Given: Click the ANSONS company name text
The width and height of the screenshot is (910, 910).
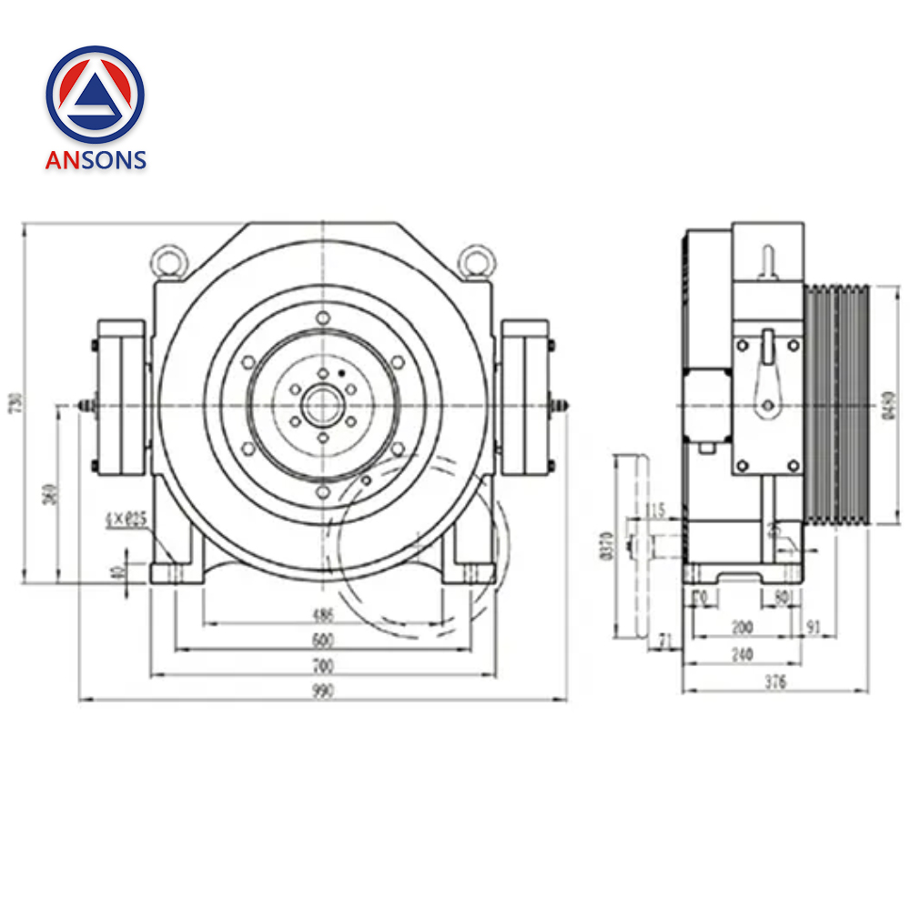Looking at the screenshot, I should (x=96, y=160).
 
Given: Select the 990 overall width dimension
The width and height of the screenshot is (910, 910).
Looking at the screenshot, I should (x=323, y=692).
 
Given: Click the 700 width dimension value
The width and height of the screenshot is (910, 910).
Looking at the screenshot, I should (x=323, y=666).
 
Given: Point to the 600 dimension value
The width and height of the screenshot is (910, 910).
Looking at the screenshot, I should (x=323, y=641).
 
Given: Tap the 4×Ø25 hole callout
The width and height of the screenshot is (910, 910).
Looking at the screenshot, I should (x=126, y=519).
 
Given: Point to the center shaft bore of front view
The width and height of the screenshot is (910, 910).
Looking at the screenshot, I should (x=322, y=403).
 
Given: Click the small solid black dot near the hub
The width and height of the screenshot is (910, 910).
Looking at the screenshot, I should (x=340, y=373).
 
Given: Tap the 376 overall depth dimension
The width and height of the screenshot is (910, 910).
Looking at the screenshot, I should (x=775, y=682).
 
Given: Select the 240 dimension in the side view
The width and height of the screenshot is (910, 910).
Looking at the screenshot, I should (x=743, y=654).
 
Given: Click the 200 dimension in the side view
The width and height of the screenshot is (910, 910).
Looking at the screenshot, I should (x=743, y=628).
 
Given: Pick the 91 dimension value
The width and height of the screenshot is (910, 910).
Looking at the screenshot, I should (x=814, y=628).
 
